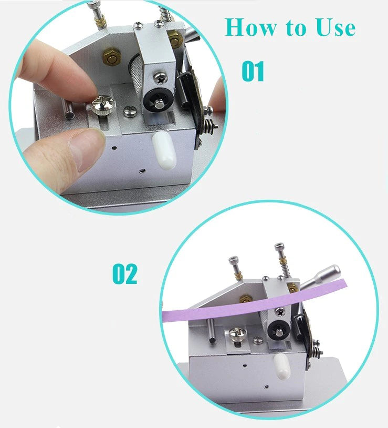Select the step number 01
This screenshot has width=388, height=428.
(x=253, y=71)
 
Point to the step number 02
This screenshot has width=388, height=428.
(x=125, y=274)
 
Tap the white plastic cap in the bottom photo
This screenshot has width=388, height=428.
(x=281, y=366)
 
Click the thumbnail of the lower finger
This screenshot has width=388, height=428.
(x=86, y=149)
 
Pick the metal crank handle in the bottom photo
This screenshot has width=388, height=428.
(x=321, y=277)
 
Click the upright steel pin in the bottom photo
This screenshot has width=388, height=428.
(x=211, y=331)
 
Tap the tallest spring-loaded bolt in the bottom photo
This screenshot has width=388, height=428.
(x=282, y=261)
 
